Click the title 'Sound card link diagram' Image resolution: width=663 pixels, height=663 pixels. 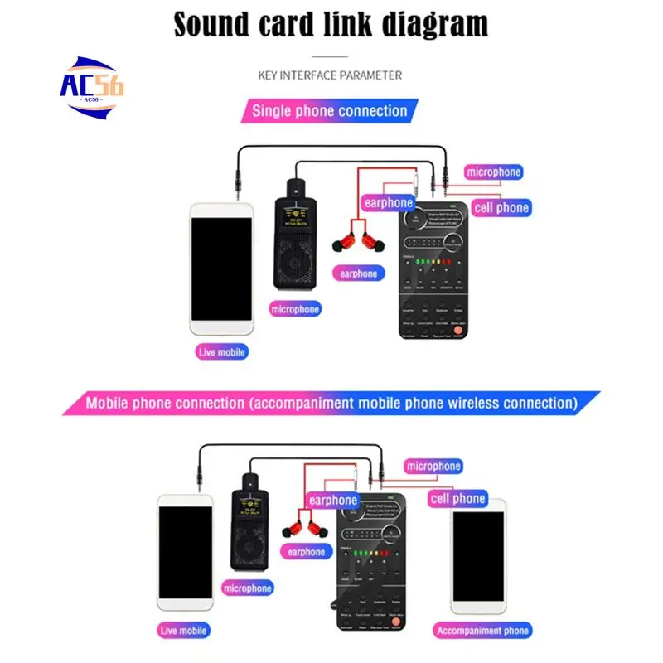[331, 25]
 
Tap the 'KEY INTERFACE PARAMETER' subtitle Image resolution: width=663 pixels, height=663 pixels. [330, 75]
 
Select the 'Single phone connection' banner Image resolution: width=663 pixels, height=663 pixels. [329, 111]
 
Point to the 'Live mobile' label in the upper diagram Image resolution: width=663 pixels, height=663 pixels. [222, 352]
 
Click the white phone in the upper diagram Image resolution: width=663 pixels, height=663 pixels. [221, 266]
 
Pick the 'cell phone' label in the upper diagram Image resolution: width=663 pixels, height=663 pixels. [501, 208]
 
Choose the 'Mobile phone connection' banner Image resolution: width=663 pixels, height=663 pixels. [330, 404]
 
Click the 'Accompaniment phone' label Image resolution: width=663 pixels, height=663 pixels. [482, 631]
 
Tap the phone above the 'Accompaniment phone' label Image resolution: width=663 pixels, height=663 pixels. [478, 555]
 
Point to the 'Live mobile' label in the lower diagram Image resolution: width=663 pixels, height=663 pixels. [185, 631]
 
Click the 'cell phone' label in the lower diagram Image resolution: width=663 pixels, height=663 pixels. [457, 499]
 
